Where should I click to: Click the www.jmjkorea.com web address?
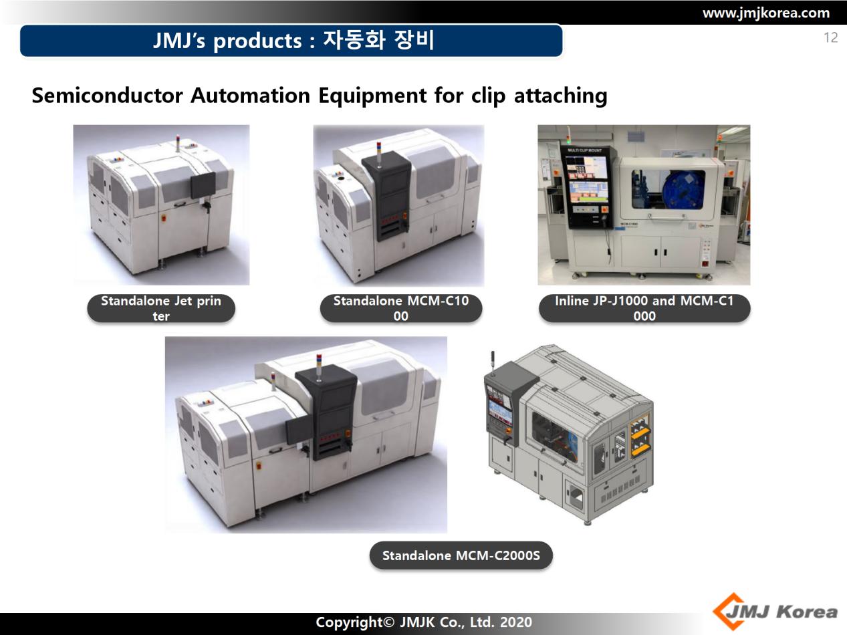(x=766, y=13)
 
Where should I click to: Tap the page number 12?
(x=831, y=38)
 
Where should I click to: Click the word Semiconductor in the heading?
(x=107, y=96)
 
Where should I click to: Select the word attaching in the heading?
(x=561, y=96)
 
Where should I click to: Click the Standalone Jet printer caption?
(x=161, y=308)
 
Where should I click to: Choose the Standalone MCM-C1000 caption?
(x=401, y=308)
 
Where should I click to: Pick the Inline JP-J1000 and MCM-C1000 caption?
(x=644, y=308)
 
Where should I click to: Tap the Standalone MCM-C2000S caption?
(x=461, y=555)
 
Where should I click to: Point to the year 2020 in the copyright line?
(x=516, y=622)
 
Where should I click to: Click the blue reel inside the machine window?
(x=683, y=190)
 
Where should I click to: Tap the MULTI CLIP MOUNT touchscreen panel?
(x=587, y=187)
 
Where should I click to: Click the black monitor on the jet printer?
(x=203, y=185)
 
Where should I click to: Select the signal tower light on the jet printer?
(x=178, y=143)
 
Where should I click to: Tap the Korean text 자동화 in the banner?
(x=354, y=40)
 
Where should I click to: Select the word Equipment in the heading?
(x=372, y=96)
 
